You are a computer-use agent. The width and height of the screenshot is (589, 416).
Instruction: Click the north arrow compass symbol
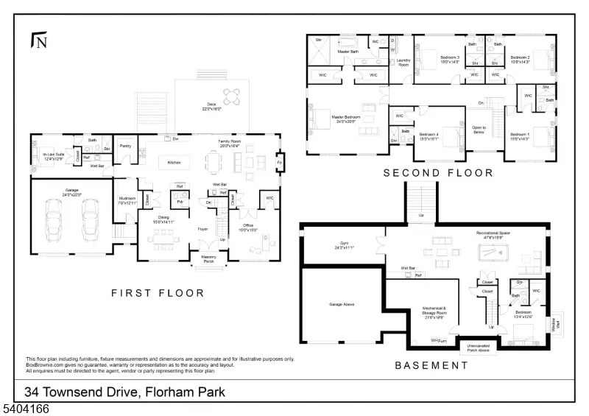click(38, 40)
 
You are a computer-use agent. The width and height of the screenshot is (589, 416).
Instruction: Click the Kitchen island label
click(174, 162)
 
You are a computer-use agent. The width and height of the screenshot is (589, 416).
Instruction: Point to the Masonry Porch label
click(209, 259)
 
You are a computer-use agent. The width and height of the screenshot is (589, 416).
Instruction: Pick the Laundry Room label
click(403, 63)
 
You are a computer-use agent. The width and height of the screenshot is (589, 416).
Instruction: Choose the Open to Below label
click(479, 130)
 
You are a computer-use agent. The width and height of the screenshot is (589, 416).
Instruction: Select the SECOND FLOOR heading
click(439, 173)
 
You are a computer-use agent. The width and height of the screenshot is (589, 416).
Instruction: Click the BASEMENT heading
click(431, 365)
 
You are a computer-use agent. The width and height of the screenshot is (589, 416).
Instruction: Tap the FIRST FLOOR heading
click(158, 293)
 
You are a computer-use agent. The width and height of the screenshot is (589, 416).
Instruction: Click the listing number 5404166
click(25, 408)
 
